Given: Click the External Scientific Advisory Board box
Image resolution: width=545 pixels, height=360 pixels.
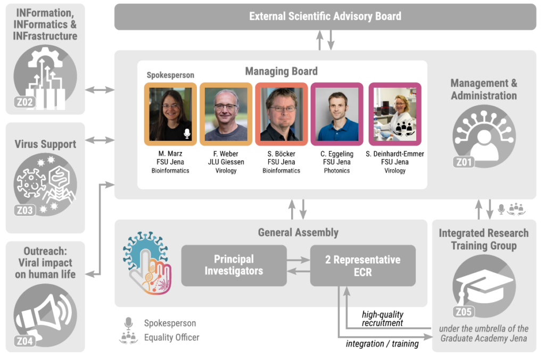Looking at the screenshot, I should pyautogui.click(x=325, y=16).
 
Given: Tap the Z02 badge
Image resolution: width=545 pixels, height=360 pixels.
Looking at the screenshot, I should pyautogui.click(x=24, y=103).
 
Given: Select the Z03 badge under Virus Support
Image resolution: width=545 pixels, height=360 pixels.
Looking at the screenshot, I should pyautogui.click(x=24, y=210).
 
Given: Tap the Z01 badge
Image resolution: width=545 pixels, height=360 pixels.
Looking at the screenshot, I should pyautogui.click(x=463, y=162).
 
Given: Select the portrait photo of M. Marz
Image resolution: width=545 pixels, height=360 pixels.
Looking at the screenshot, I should pyautogui.click(x=170, y=114).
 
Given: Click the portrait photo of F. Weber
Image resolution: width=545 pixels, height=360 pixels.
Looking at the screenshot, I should pyautogui.click(x=226, y=114).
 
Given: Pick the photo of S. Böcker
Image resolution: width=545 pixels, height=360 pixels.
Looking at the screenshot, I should pyautogui.click(x=282, y=114).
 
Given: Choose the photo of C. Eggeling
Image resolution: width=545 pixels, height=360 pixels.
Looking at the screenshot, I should pyautogui.click(x=337, y=114).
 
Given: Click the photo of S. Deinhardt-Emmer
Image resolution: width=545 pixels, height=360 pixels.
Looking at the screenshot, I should pyautogui.click(x=395, y=114).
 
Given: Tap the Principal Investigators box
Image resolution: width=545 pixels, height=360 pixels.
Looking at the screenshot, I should pyautogui.click(x=234, y=265).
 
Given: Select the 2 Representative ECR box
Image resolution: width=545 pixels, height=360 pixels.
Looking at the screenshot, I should pyautogui.click(x=362, y=265).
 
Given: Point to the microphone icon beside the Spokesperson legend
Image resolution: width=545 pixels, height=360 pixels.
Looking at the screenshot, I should pyautogui.click(x=128, y=323).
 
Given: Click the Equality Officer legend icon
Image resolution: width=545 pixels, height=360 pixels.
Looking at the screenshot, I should pyautogui.click(x=128, y=337).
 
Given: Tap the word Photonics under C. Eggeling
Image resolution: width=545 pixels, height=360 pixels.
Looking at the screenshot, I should pyautogui.click(x=337, y=171).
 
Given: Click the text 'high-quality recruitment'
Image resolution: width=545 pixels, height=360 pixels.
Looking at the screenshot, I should pyautogui.click(x=382, y=319).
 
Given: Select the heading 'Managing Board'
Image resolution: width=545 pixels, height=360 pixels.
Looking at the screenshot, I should pyautogui.click(x=281, y=71).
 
